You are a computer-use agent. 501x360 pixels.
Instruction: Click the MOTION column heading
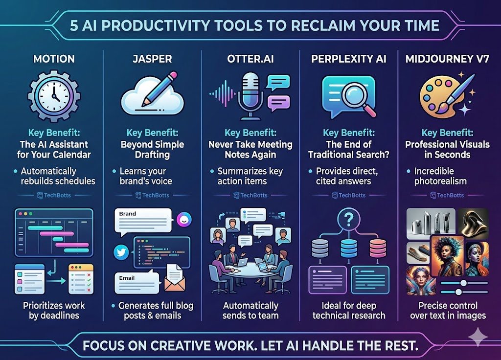pyautogui.click(x=54, y=59)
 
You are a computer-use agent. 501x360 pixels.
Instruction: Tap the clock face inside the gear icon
pyautogui.click(x=54, y=95)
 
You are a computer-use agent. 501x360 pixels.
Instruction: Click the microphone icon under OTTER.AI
pyautogui.click(x=250, y=95)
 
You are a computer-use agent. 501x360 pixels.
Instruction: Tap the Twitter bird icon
pyautogui.click(x=121, y=252)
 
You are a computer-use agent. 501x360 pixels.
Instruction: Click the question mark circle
pyautogui.click(x=349, y=219)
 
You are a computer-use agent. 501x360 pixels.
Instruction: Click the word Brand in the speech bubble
pyautogui.click(x=128, y=214)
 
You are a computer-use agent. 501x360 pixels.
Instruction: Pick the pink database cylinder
pyautogui.click(x=378, y=248)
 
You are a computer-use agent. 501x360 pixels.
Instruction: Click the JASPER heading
pyautogui.click(x=152, y=59)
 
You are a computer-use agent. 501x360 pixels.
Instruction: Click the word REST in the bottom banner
pyautogui.click(x=400, y=345)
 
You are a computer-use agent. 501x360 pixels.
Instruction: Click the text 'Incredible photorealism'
pyautogui.click(x=440, y=176)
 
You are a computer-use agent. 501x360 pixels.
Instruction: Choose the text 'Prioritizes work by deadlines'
pyautogui.click(x=54, y=311)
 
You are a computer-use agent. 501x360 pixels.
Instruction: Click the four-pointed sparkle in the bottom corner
pyautogui.click(x=478, y=337)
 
